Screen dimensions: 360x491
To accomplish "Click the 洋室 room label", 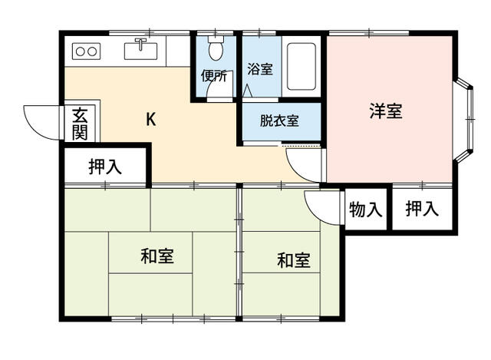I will click(x=386, y=111).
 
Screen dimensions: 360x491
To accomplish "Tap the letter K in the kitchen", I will click(x=151, y=119).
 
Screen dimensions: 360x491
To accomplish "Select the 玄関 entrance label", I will click(x=80, y=124).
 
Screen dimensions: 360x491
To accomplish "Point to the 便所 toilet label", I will click(x=214, y=76).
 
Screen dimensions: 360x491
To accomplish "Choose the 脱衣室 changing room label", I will click(x=278, y=120).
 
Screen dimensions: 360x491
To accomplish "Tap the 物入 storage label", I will click(x=365, y=209).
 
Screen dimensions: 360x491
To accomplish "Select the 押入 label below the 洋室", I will click(x=421, y=208).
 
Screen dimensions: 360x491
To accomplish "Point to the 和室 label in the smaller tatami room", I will click(x=293, y=260).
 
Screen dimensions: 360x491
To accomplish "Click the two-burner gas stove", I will click(x=85, y=51).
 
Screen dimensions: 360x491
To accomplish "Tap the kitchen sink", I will click(x=140, y=51).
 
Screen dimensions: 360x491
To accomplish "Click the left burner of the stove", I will click(x=79, y=51).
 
